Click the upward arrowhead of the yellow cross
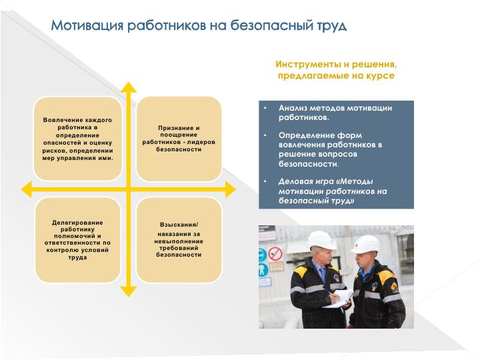pos(129,87)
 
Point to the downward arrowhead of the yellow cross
pos(129,291)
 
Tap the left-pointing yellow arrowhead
pos(26,189)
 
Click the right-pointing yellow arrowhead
pos(231,189)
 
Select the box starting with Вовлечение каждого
pos(78,139)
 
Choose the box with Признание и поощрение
pos(179,139)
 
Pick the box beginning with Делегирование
pos(78,240)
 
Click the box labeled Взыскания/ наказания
pos(179,240)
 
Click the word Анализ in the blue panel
pos(293,108)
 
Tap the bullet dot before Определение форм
pos(265,135)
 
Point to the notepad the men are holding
pos(339,299)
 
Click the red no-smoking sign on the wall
pos(275,254)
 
